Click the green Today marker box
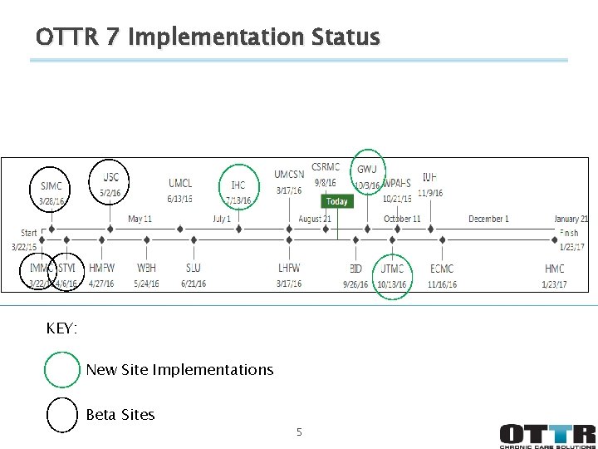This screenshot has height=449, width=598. pos(336,201)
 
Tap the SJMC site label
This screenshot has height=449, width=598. pos(51,186)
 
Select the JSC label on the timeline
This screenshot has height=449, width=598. pos(110,177)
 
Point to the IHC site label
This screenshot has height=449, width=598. pos(238,185)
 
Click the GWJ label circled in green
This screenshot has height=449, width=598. pos(367,170)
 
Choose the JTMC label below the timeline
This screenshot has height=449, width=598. pos(392,269)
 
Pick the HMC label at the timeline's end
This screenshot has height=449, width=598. pos(554,269)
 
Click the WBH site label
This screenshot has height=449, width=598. pos(146,269)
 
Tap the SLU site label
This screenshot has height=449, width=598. pos(194,269)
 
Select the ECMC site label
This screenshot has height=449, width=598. pos(442,269)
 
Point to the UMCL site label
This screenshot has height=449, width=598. pos(180,183)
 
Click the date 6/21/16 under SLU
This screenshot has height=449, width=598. pos(194,284)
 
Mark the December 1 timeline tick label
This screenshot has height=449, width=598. pos(488,219)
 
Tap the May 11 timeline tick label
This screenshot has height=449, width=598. pos(140,219)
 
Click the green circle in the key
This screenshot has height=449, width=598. pos(62,370)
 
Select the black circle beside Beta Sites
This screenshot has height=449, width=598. pos(62,415)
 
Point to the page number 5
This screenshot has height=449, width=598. pos(299,432)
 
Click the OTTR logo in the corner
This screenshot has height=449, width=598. pos(547,436)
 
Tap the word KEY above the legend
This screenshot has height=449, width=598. pos(62,329)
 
